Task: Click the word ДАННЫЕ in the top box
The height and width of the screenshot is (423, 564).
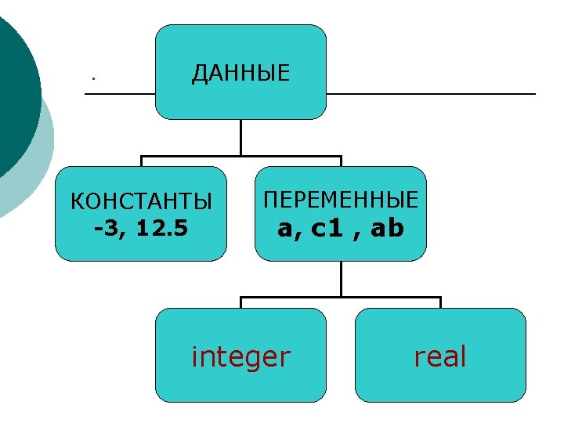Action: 240,74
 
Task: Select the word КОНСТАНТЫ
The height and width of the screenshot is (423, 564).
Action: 141,202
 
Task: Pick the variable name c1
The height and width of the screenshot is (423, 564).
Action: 327,229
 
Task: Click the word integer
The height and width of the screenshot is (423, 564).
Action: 240,357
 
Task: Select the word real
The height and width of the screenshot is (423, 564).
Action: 440,357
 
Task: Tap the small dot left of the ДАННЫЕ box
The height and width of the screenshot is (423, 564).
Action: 92,78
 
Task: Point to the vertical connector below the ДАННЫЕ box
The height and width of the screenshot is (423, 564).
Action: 240,137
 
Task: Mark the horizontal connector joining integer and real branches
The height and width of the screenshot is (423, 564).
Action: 341,298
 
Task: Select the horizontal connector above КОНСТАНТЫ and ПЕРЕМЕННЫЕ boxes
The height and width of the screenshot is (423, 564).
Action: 240,157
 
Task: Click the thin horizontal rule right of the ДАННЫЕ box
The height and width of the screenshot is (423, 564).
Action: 431,94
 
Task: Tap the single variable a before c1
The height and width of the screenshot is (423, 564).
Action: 284,229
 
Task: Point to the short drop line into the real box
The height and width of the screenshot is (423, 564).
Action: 440,302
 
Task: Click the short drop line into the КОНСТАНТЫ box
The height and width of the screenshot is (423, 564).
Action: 141,161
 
